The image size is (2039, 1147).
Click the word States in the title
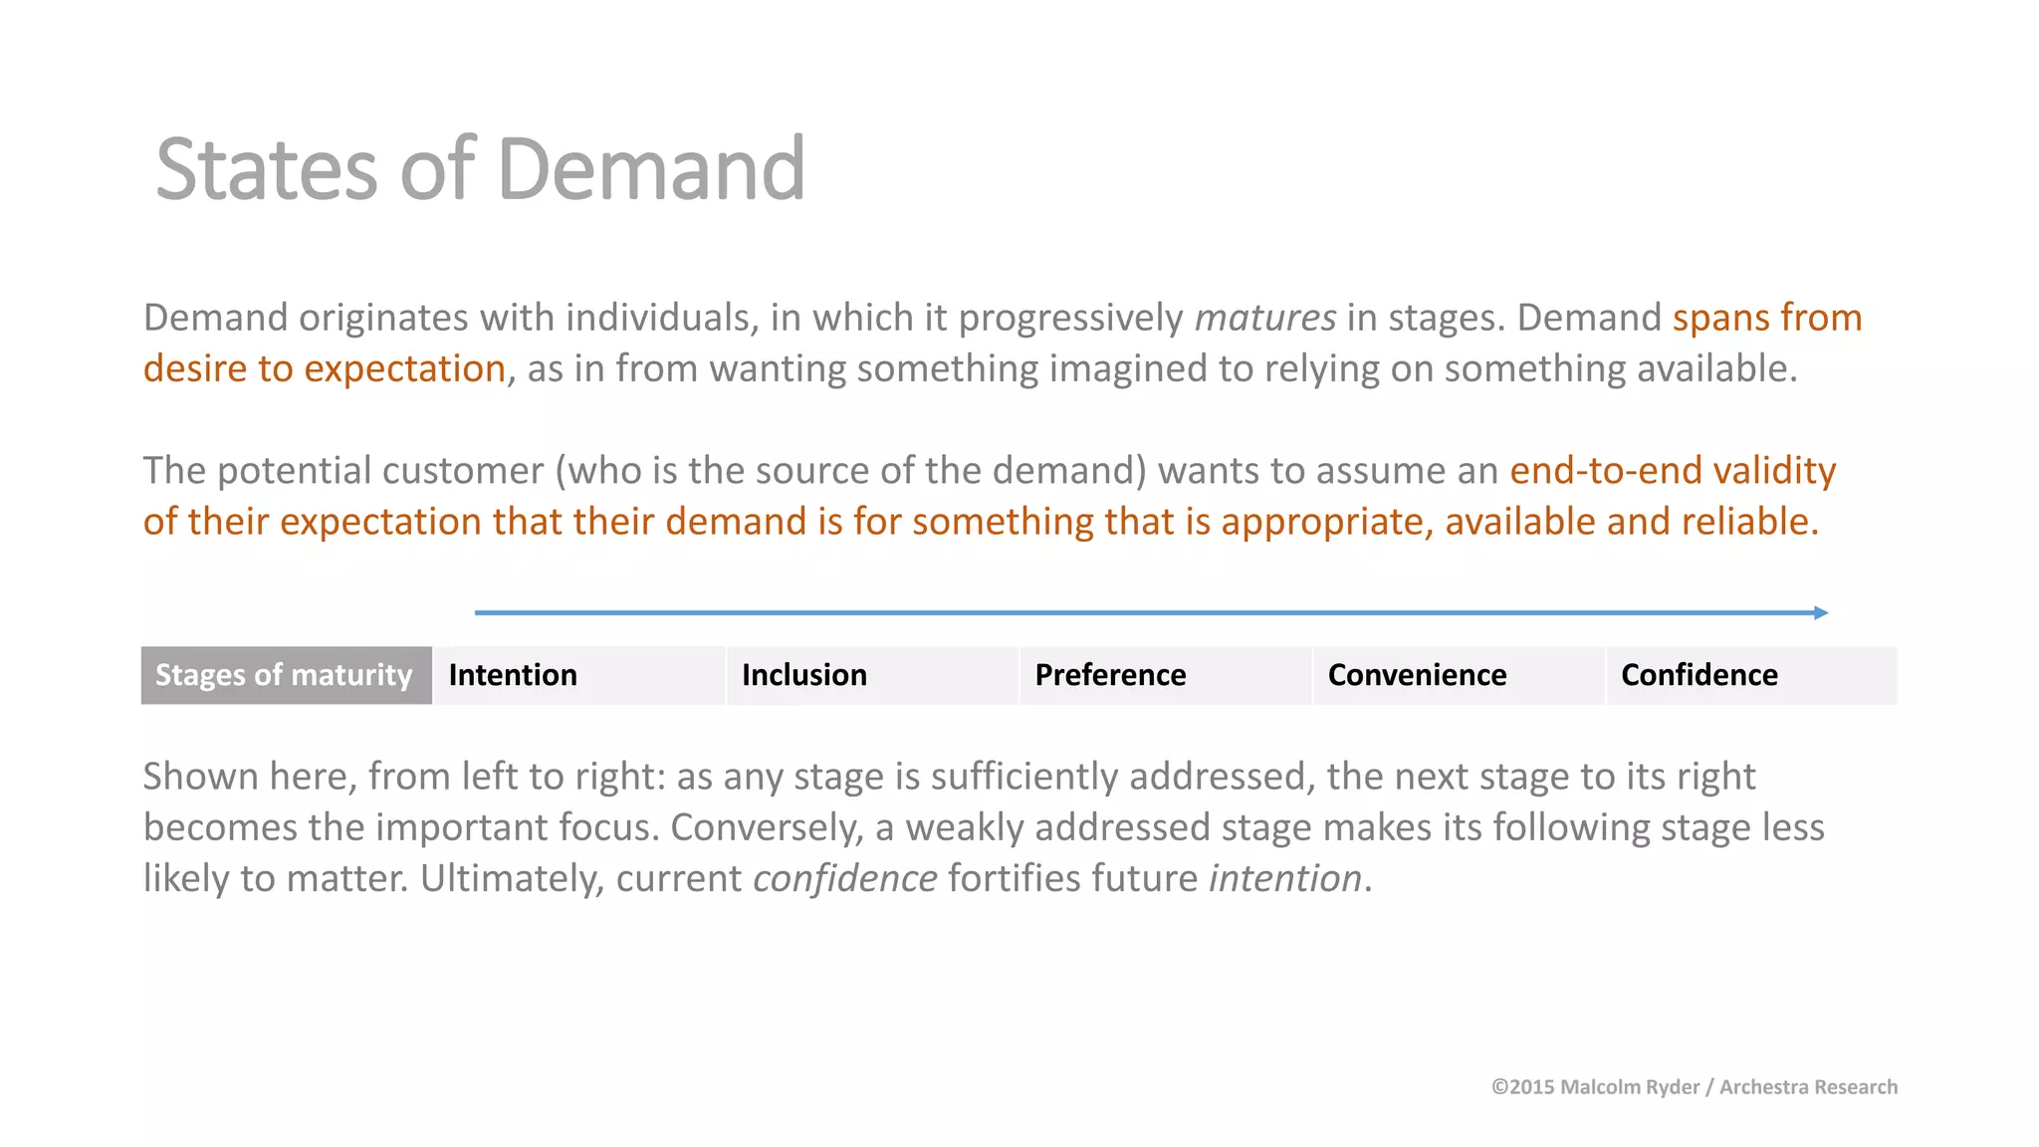coord(266,169)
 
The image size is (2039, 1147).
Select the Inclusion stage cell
coord(872,675)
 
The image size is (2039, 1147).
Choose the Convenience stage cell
coord(1458,675)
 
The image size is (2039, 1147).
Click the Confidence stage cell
coord(1750,675)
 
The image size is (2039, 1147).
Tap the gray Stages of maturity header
coord(286,675)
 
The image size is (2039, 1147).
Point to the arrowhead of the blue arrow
coord(1821,612)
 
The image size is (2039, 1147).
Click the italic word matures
coord(1264,319)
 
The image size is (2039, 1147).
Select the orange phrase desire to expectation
coord(325,369)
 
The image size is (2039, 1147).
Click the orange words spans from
coord(1766,319)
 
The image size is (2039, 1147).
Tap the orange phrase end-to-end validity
coord(1672,471)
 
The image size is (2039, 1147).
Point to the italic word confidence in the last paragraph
coord(844,879)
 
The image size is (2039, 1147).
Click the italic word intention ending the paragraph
coord(1284,879)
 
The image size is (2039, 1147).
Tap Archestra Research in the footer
coord(1808,1087)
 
